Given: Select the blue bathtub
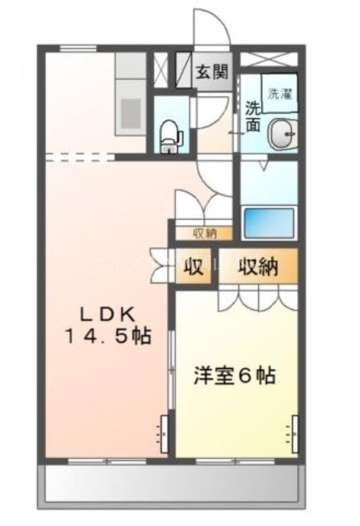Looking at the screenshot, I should pos(269,222).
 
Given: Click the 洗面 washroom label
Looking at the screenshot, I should pos(253,116).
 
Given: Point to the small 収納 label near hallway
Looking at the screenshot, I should pos(202,232).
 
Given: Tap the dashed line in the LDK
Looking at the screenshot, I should pos(79,156).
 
